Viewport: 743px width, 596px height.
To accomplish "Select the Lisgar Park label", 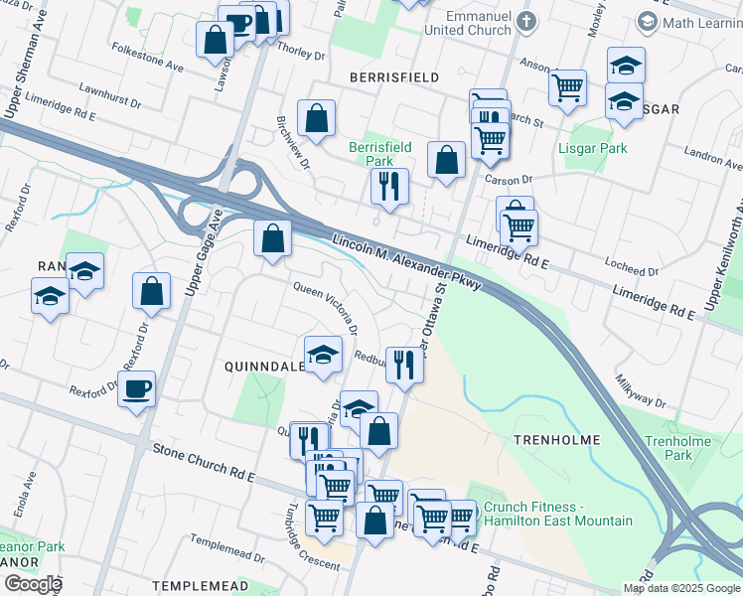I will click(x=599, y=149).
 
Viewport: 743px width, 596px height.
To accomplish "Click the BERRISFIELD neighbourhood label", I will click(x=394, y=76).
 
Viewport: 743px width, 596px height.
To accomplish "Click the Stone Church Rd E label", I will click(x=205, y=464).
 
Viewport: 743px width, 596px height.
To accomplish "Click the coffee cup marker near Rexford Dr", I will click(x=136, y=388).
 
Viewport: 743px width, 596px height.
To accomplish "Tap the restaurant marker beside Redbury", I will click(x=403, y=364).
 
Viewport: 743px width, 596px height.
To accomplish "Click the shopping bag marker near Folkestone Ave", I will click(x=216, y=41).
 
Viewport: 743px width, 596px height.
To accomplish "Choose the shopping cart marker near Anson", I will click(x=567, y=86).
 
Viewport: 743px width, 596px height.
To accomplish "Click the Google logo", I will click(x=32, y=584).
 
